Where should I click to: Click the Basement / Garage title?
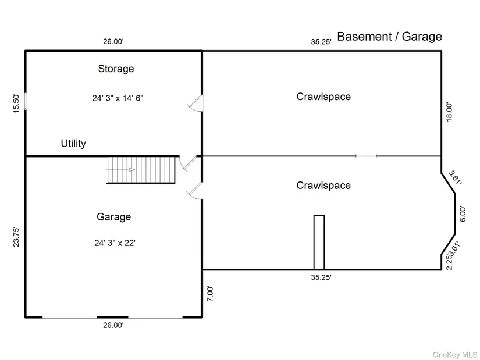389,37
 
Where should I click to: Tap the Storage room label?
116,69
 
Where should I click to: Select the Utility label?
73,143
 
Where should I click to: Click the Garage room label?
114,217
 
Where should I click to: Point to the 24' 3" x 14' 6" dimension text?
118,98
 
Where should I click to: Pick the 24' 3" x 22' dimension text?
115,243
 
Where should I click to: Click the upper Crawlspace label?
323,97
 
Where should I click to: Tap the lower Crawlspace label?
323,186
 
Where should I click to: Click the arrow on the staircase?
120,170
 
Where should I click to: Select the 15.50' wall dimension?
16,104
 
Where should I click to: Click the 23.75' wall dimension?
16,237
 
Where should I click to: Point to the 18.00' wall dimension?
449,112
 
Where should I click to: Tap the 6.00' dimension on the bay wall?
463,214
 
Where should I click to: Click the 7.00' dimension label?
210,294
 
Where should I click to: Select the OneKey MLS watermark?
454,355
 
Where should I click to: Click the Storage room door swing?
195,103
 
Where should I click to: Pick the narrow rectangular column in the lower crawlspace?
319,243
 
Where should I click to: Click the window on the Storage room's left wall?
26,101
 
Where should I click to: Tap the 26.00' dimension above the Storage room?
113,42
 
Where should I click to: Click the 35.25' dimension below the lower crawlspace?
321,277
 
